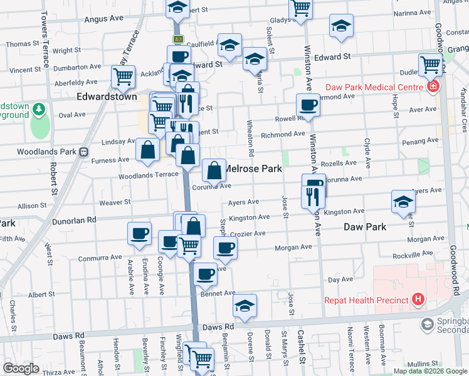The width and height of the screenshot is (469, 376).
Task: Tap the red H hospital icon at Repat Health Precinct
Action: coord(418,300)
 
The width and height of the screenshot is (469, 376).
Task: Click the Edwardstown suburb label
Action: coord(103,97)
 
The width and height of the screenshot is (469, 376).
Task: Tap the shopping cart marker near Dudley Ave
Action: coord(431,64)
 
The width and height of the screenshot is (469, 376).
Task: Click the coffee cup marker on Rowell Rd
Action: coord(308,104)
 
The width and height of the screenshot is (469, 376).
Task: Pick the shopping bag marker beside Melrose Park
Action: coord(214,169)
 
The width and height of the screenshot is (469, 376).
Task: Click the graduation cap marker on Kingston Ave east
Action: coord(403,201)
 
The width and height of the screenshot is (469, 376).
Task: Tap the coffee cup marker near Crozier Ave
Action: coord(225,247)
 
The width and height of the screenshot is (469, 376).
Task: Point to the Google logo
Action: coord(21,368)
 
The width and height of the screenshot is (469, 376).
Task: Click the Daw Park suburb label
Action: coord(366,226)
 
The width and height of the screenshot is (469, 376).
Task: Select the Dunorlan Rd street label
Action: coord(75,220)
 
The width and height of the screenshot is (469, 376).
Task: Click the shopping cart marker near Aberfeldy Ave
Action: coord(123,76)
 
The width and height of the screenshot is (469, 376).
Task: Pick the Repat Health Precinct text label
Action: coord(366,300)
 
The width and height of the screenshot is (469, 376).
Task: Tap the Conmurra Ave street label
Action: coord(100,258)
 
